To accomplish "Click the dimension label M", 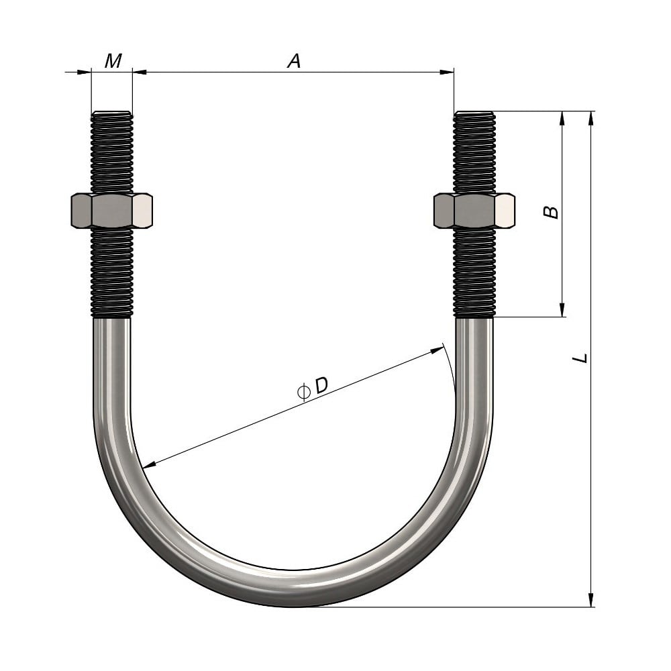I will click(x=113, y=61).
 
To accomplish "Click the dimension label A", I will click(x=294, y=61).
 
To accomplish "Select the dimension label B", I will click(x=551, y=212).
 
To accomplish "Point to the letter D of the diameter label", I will click(x=321, y=386).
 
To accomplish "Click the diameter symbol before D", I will click(x=303, y=391).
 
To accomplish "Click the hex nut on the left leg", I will click(x=111, y=211).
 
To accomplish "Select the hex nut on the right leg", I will click(x=474, y=211).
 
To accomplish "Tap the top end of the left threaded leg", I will click(x=112, y=114).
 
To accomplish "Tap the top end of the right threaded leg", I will click(x=474, y=114).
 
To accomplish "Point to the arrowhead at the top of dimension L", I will click(x=591, y=118).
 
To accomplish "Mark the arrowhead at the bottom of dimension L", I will click(x=591, y=600).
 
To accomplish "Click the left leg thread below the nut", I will click(x=112, y=272).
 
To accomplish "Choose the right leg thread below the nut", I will click(x=474, y=272).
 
